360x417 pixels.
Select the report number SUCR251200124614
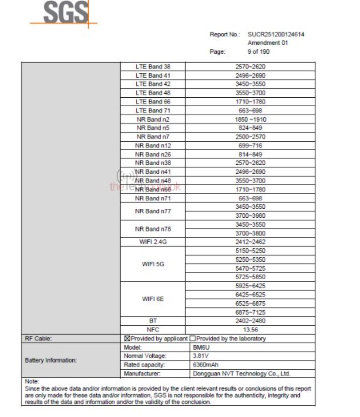(x=276, y=34)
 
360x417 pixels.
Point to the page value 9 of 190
(x=258, y=52)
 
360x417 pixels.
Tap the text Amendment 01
(x=268, y=43)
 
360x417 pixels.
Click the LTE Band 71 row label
(x=153, y=111)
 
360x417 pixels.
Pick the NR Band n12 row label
(x=153, y=145)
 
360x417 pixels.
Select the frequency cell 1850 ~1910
(x=250, y=119)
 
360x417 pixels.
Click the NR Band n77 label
(x=153, y=211)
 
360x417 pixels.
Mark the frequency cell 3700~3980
(x=250, y=216)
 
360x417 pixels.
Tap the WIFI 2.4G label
(x=153, y=242)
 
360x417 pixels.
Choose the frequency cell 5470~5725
(x=250, y=269)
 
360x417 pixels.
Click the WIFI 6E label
(x=153, y=299)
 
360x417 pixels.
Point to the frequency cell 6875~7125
(x=250, y=312)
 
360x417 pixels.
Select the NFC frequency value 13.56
(x=250, y=330)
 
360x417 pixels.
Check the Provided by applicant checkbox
(x=127, y=339)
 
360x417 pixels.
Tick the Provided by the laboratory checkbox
(x=193, y=339)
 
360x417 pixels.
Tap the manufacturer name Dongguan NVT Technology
(x=241, y=374)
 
